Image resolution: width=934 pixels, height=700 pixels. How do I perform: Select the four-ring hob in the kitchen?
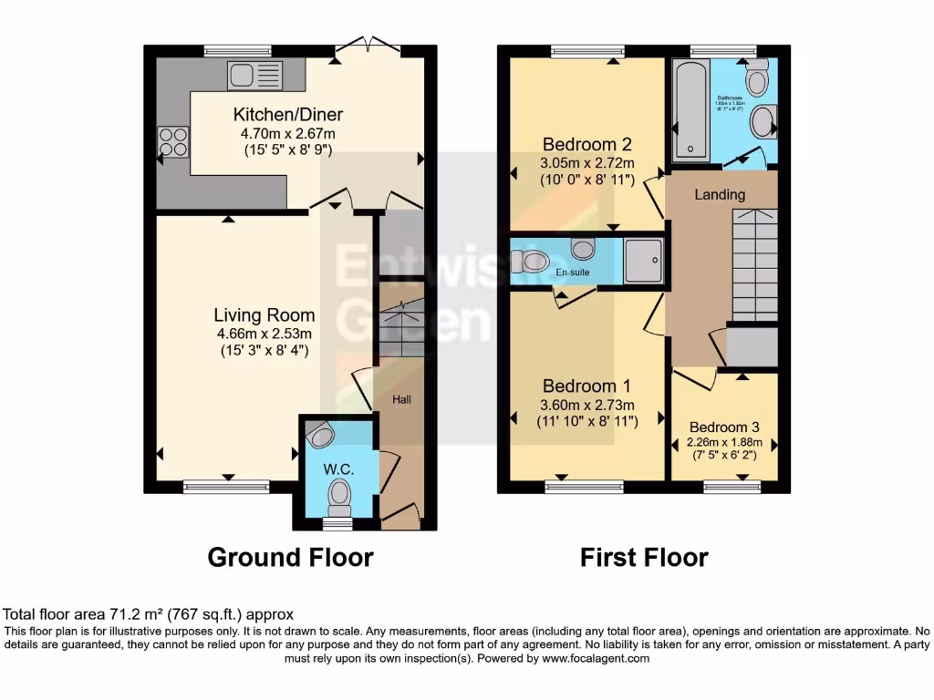173,141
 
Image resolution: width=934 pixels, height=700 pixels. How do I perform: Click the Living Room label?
265,315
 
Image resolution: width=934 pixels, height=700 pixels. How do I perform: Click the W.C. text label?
337,468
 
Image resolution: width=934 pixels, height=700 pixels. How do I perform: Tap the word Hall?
402,400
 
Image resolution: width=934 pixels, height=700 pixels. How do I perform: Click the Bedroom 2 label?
586,144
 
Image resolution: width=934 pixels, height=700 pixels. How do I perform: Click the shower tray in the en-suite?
645,260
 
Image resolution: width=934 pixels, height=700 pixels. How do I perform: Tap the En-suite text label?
572,272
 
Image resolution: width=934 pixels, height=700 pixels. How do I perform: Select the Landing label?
720,194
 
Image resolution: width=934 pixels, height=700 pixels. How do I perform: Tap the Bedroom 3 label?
724,427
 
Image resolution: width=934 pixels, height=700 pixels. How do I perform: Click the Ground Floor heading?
290,557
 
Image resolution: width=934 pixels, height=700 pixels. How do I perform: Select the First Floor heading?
644,557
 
